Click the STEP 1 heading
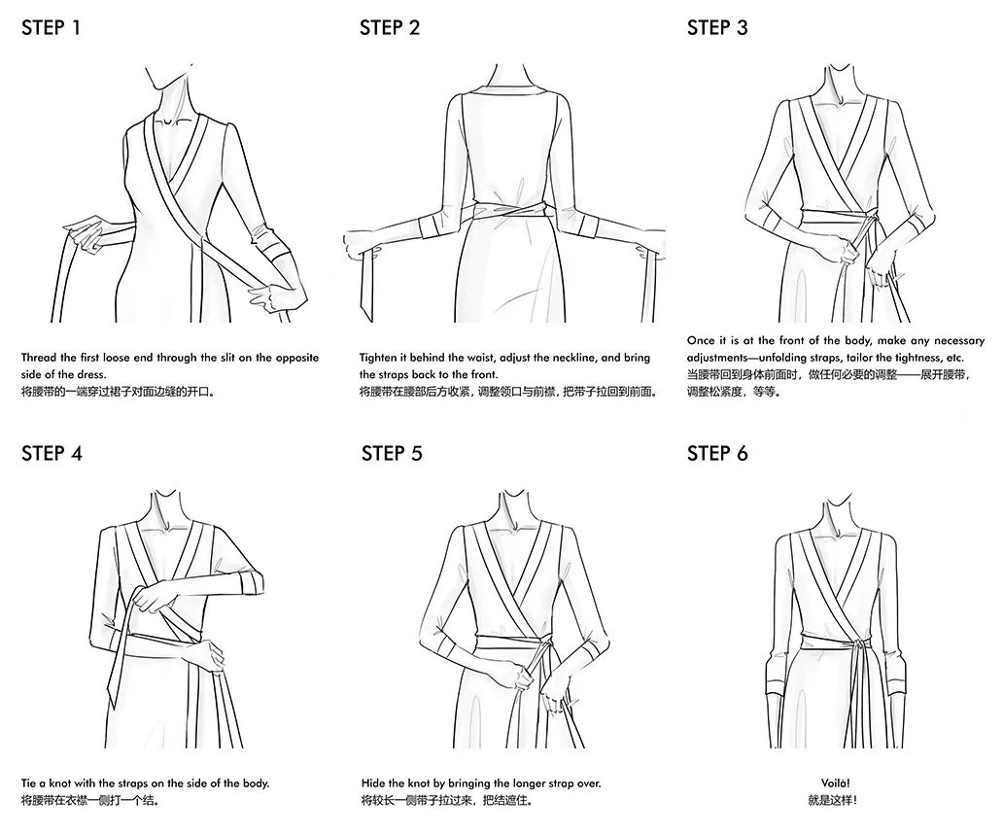[x=52, y=27]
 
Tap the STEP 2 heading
[x=390, y=27]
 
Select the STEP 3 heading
[x=717, y=27]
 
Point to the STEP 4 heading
[x=52, y=454]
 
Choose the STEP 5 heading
[x=392, y=454]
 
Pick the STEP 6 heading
[x=717, y=454]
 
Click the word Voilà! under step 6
[x=836, y=782]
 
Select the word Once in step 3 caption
[x=701, y=340]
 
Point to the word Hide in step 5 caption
[x=373, y=782]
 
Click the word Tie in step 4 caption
[x=29, y=782]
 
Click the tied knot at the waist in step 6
[x=854, y=643]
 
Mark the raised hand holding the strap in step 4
[x=156, y=598]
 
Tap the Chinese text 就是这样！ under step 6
[x=833, y=800]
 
